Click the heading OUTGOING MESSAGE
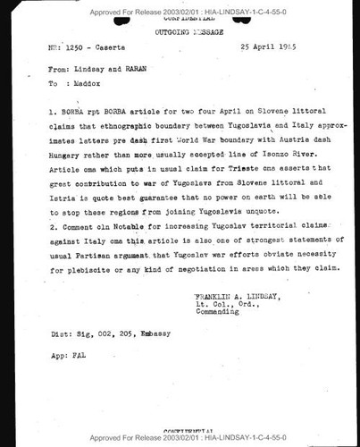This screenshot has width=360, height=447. pos(180,30)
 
